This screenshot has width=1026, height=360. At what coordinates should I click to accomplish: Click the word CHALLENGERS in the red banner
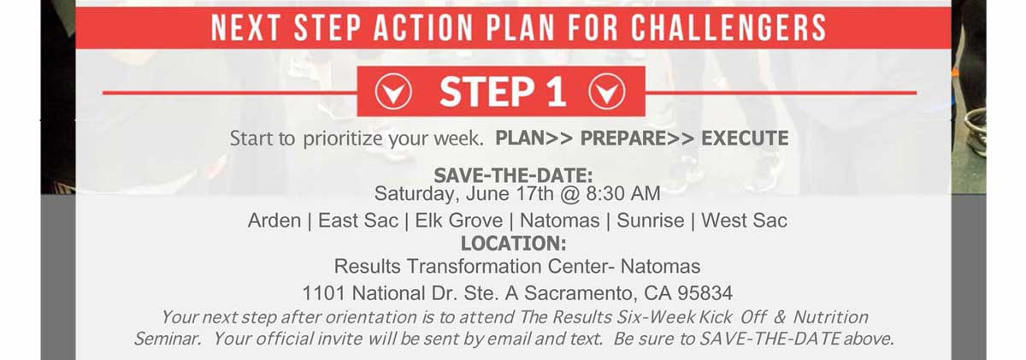coord(729,28)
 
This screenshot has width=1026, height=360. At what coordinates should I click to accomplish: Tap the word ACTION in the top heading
coord(423,28)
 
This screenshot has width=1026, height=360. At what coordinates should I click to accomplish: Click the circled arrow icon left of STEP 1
coord(393,91)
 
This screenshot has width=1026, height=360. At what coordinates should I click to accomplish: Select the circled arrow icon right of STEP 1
coord(607,91)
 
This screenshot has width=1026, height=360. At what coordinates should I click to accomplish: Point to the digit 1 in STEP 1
coord(556,91)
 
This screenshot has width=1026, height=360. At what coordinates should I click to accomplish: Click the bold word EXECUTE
coord(745,139)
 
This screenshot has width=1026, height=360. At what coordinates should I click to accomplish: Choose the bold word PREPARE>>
coord(637,139)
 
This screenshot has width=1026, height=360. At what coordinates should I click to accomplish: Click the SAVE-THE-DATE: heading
coord(513,175)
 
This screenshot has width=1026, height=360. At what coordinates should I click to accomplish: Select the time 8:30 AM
coord(623,193)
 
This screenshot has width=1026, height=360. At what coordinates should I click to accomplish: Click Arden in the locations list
coord(274,221)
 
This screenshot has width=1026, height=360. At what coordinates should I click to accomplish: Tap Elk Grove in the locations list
coord(459,221)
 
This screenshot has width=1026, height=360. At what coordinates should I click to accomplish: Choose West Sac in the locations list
coord(745,221)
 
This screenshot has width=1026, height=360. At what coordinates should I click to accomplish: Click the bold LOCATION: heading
coord(513,243)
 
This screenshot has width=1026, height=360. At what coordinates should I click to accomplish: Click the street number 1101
coord(323,293)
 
